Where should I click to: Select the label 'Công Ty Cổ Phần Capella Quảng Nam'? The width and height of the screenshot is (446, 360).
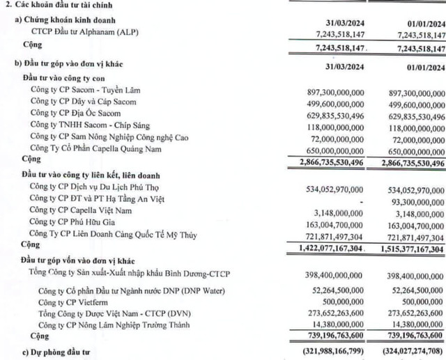pyautogui.click(x=100, y=149)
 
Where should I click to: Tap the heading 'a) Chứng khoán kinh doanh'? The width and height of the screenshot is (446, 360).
pyautogui.click(x=66, y=22)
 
